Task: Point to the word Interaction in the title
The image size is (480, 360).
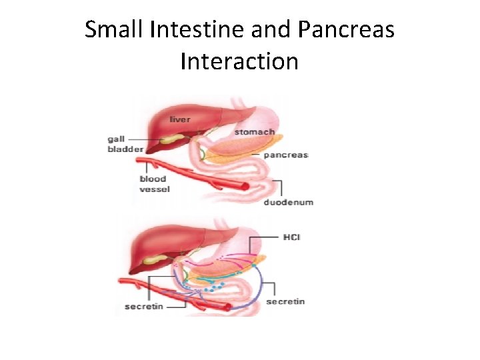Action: tap(239, 61)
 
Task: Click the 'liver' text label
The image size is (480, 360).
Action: tap(179, 119)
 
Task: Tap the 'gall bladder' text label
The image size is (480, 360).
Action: tap(125, 144)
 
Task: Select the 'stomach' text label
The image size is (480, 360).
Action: tap(254, 132)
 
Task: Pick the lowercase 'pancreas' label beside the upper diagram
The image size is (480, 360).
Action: tap(285, 155)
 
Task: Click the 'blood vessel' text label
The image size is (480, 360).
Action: tap(154, 183)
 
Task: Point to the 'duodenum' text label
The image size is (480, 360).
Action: tap(289, 202)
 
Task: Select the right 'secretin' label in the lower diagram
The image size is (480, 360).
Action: tap(285, 301)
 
